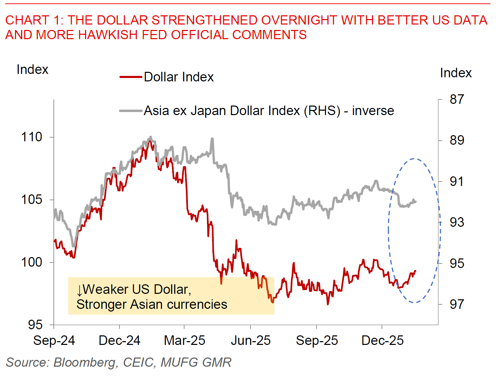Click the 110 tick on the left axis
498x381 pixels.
pos(32,137)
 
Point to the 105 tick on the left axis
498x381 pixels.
pos(32,200)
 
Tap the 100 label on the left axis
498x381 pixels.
pos(32,262)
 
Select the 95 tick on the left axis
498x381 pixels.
pos(35,325)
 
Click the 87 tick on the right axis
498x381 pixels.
pos(456,99)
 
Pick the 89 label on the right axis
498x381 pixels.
pos(456,140)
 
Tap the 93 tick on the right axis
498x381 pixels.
pos(456,222)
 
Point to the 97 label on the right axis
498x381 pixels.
pos(456,304)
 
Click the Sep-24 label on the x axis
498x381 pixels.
pos(54,340)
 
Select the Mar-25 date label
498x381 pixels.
pos(184,340)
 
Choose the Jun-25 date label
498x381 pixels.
pos(251,340)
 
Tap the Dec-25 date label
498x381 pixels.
pos(382,340)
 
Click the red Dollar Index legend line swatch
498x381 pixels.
pos(131,77)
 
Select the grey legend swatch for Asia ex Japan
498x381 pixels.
pos(131,111)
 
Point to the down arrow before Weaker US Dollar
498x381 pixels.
pos(80,290)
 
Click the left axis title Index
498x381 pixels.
pos(32,69)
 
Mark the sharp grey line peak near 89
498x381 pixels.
pos(212,139)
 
